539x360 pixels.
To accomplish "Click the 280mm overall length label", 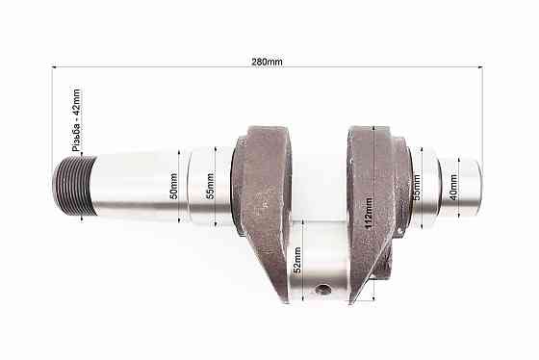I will click(x=267, y=61).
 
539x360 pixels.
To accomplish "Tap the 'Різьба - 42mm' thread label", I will click(x=77, y=121).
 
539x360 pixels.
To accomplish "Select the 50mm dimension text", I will click(x=174, y=186).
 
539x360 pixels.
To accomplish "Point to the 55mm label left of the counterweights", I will click(x=212, y=186).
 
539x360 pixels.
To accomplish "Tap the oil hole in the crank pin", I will click(x=324, y=289).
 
